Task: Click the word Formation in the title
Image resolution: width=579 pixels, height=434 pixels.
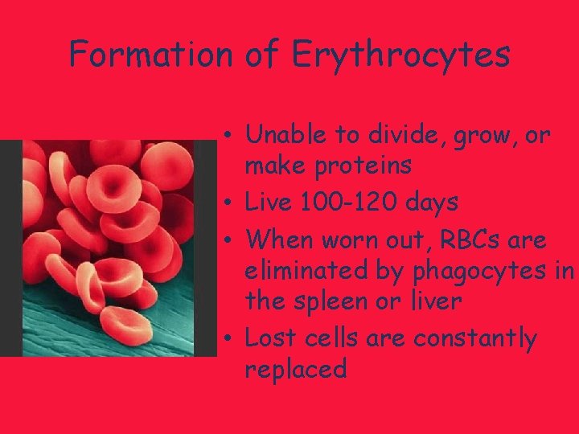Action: [150, 55]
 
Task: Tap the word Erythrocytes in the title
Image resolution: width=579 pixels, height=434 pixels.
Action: [400, 55]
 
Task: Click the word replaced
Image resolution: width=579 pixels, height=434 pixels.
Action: [295, 369]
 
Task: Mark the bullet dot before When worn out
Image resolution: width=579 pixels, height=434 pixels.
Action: [230, 240]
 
